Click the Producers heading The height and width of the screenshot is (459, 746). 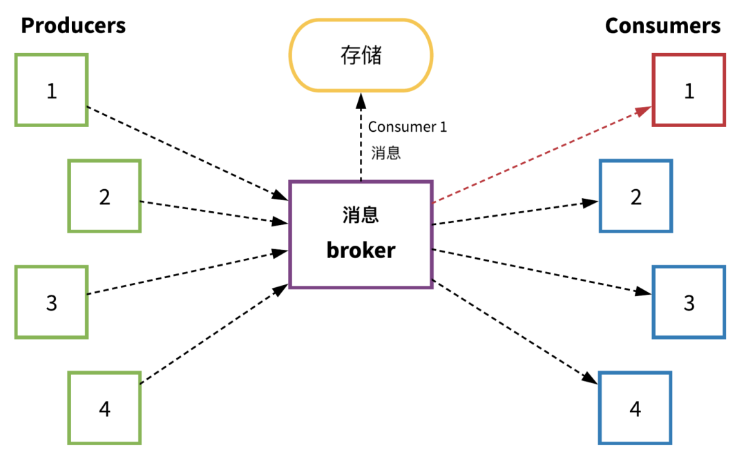pos(73,26)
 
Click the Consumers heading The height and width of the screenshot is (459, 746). pos(662,26)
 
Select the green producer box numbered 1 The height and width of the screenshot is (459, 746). pos(52,90)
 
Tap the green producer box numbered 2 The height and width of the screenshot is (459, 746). pos(104,197)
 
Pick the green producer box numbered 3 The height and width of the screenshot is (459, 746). pos(52,302)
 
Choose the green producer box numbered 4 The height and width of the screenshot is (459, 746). pos(104,409)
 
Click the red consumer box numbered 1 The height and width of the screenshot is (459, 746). pos(689,90)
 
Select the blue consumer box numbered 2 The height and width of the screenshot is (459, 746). pos(635,197)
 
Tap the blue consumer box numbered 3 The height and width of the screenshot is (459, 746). pos(689,302)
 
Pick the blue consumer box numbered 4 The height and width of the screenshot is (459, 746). pos(635,409)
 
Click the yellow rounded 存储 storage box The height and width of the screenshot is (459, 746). pos(361,55)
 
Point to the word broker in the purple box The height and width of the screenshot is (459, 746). pos(361,250)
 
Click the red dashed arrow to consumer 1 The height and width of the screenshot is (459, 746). pos(539,156)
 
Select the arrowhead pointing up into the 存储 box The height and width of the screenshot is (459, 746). pos(361,101)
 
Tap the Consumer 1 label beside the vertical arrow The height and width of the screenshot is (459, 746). pos(408,127)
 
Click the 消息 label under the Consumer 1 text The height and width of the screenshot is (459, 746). pos(385,153)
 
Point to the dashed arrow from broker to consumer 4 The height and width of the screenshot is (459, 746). pos(515,331)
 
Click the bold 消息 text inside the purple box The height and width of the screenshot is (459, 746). pos(361,215)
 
